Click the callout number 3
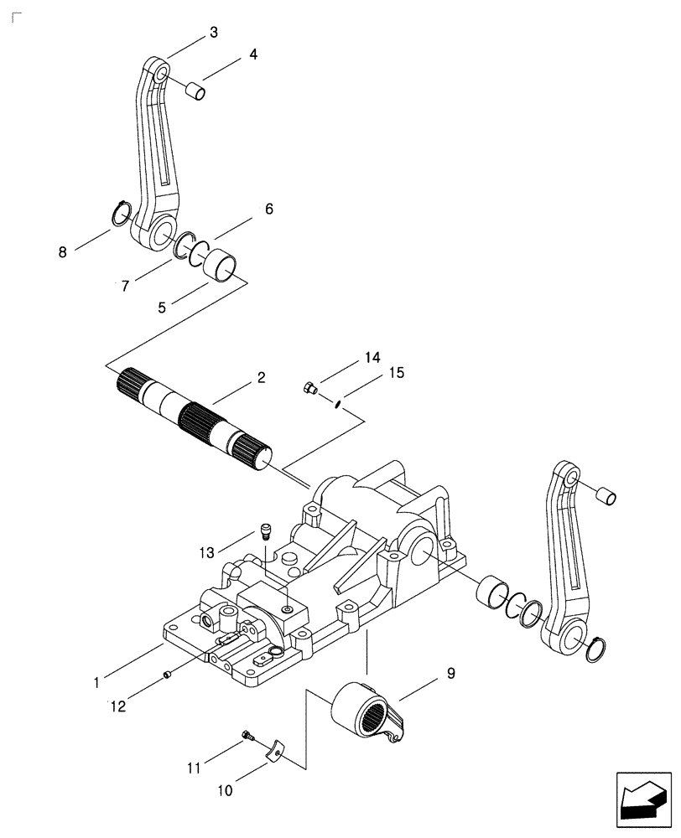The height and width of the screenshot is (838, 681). pyautogui.click(x=213, y=33)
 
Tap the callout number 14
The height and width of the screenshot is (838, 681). pyautogui.click(x=372, y=357)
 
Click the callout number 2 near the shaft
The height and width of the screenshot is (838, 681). pyautogui.click(x=261, y=378)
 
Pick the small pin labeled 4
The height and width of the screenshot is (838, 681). pyautogui.click(x=195, y=89)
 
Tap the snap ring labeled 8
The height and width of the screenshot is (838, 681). pyautogui.click(x=120, y=215)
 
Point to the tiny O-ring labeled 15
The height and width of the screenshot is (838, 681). pyautogui.click(x=335, y=405)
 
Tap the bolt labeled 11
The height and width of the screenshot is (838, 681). pyautogui.click(x=246, y=736)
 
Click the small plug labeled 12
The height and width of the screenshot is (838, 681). pyautogui.click(x=169, y=674)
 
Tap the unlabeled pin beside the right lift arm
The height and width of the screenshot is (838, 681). pyautogui.click(x=605, y=497)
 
